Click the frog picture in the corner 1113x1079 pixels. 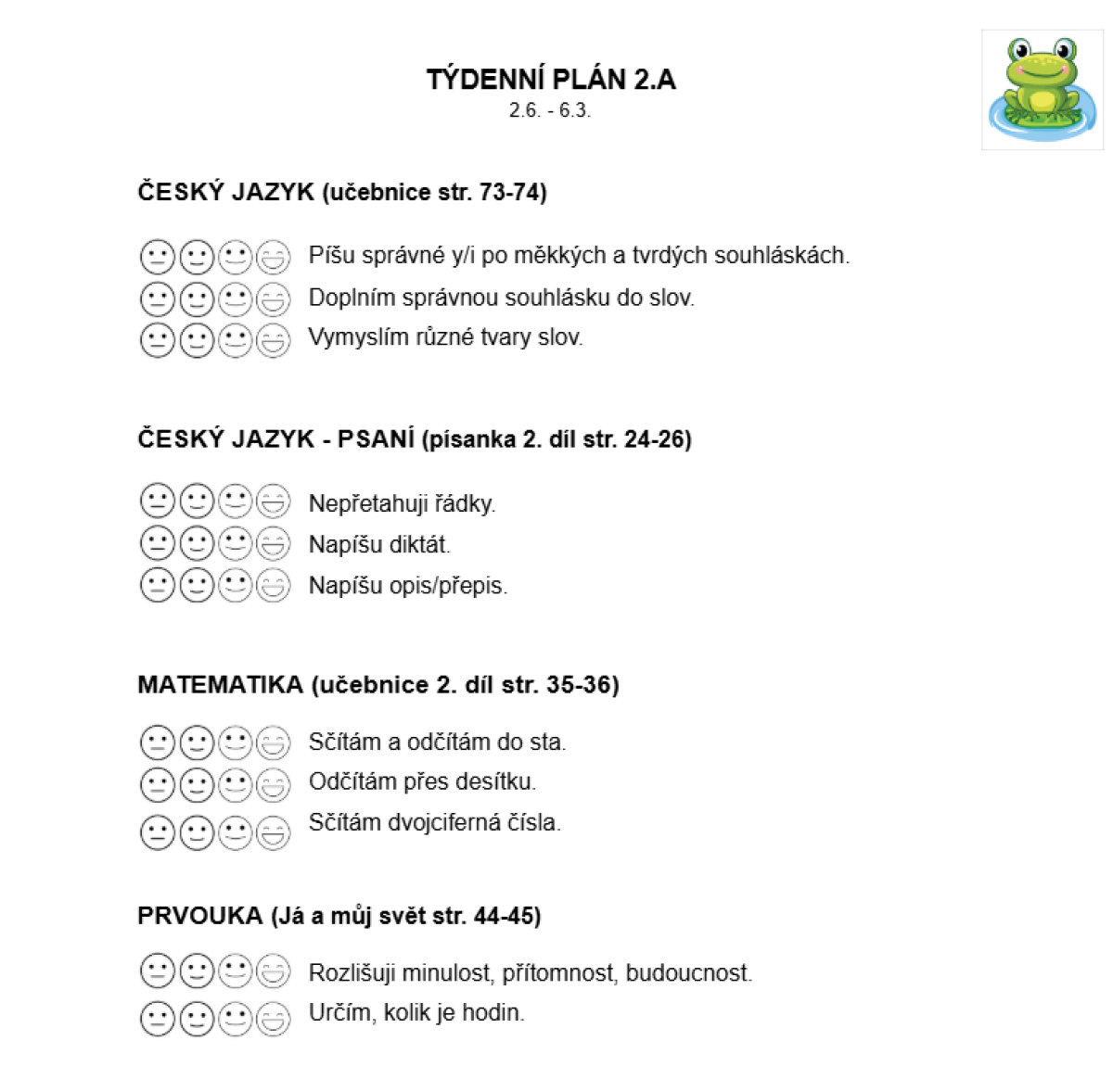pos(1042,88)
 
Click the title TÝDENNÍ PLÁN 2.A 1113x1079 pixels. pos(551,80)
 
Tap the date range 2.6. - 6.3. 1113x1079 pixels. pos(550,110)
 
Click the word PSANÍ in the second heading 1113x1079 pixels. pos(376,439)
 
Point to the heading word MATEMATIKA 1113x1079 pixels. pos(221,685)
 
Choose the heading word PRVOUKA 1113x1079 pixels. pos(200,916)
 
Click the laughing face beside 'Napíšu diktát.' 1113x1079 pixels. pos(273,544)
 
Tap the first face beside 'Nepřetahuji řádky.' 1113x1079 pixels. pos(157,501)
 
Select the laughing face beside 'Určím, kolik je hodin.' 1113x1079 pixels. pos(273,1019)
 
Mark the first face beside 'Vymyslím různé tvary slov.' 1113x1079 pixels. pos(157,340)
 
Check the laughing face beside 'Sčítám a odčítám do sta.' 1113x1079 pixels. pos(273,743)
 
